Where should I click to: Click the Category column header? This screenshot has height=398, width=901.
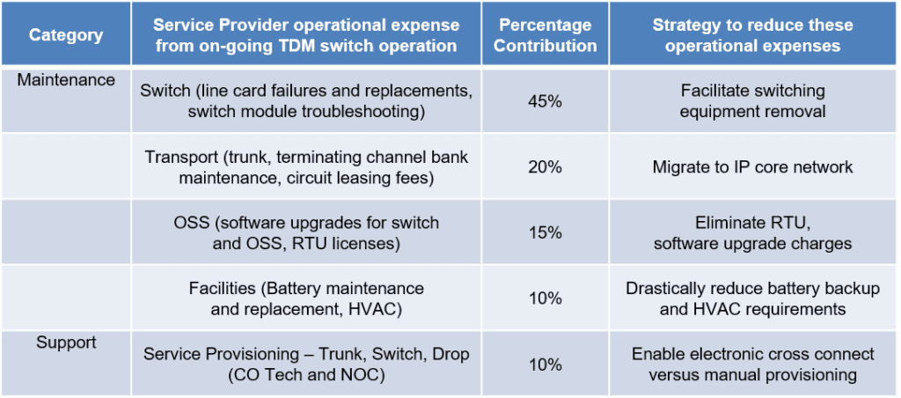(x=66, y=36)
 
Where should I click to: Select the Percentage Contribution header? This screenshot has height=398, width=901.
(x=545, y=35)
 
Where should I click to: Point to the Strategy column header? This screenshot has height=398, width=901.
(x=752, y=35)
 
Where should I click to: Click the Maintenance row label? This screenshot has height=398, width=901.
(x=67, y=80)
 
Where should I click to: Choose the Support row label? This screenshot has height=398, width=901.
(x=66, y=342)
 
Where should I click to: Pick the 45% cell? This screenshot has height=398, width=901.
(x=545, y=101)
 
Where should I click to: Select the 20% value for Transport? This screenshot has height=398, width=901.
(x=545, y=167)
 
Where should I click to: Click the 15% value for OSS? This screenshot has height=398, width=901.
(x=545, y=232)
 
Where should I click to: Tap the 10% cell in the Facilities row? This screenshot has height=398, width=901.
(x=545, y=298)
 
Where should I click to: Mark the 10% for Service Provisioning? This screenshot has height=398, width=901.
(x=545, y=365)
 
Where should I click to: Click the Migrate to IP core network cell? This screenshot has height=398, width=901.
(x=752, y=167)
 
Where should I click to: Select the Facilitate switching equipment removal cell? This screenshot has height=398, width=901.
(x=752, y=101)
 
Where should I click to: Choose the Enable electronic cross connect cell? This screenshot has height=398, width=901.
(x=752, y=365)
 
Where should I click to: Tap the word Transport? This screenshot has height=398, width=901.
(x=181, y=158)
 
